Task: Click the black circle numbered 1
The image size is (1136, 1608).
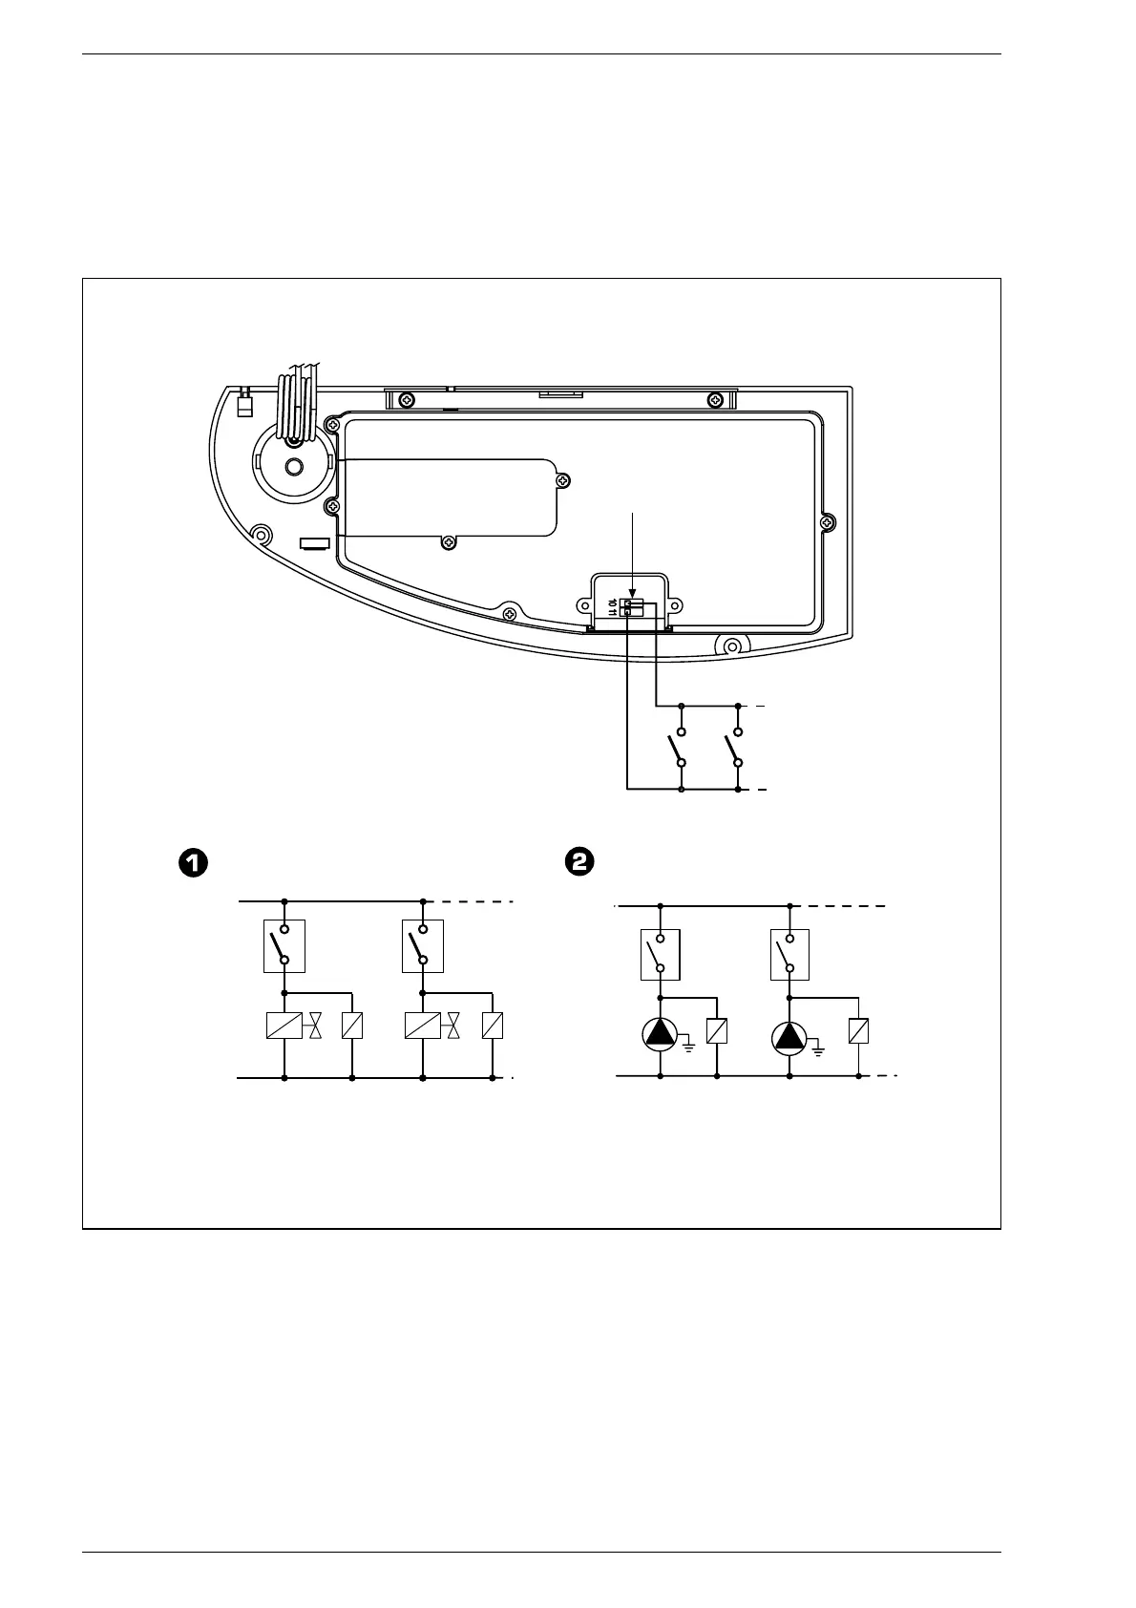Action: [x=192, y=862]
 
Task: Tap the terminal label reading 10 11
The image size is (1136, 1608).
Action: [x=614, y=606]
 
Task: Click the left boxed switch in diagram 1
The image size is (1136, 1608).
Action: [x=284, y=945]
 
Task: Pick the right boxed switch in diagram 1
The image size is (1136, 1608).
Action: [x=422, y=945]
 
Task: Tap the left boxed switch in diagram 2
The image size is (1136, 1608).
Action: [x=660, y=954]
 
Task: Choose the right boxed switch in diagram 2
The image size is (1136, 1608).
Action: [x=789, y=954]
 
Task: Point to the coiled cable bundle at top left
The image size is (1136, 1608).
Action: [x=298, y=406]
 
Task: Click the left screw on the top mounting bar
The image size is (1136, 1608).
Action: [x=406, y=398]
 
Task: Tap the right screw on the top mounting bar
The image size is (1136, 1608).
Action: [x=714, y=398]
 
